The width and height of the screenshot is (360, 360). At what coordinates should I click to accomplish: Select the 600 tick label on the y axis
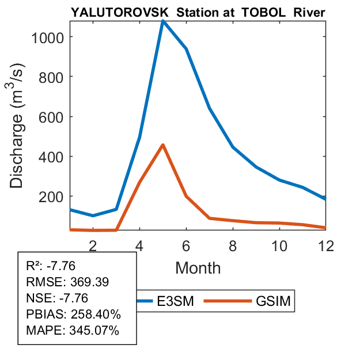(x=52, y=117)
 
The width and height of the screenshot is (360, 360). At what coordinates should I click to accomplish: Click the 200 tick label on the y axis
(x=52, y=196)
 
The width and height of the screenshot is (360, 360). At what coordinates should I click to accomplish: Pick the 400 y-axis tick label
(x=52, y=157)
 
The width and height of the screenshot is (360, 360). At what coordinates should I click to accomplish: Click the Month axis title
(x=198, y=267)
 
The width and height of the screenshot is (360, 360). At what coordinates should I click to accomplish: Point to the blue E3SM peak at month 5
(x=163, y=21)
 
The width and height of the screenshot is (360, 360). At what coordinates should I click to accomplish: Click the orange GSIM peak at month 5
(x=163, y=145)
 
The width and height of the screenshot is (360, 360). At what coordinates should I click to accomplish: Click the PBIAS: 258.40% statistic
(x=74, y=314)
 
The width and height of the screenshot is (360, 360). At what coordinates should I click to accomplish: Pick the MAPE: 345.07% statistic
(x=73, y=331)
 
